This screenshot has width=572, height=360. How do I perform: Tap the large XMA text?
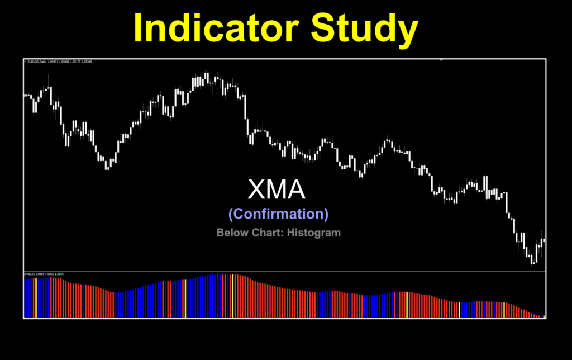(x=277, y=190)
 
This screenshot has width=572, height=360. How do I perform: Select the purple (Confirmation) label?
(x=278, y=214)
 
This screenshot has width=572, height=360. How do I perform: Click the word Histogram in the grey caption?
(x=313, y=233)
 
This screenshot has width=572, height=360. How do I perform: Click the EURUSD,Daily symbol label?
(x=37, y=61)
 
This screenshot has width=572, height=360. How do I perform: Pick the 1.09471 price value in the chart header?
(x=53, y=61)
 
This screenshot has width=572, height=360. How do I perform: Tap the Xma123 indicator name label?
(x=29, y=274)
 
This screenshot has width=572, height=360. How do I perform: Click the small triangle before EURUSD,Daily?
(x=25, y=61)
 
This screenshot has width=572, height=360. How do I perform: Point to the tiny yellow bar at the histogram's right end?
(x=544, y=316)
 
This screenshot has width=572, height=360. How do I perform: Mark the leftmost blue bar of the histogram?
(x=26, y=297)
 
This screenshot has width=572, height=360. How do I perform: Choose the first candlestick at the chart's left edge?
(x=25, y=96)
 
